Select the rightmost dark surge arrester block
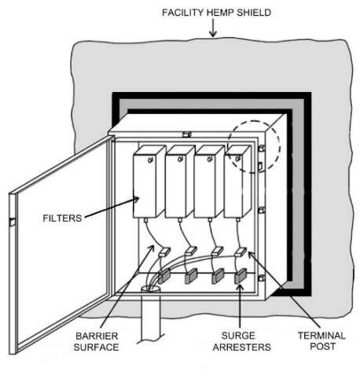242,276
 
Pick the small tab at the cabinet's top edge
186,134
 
